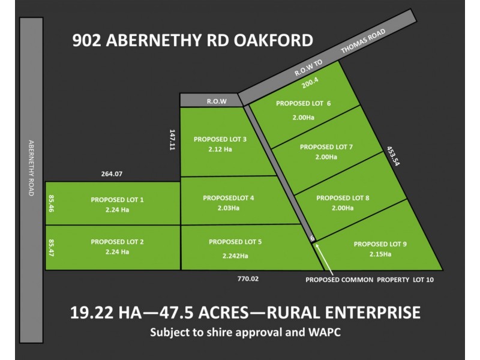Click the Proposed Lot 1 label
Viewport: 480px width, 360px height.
[117, 199]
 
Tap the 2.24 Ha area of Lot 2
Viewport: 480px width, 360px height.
[117, 252]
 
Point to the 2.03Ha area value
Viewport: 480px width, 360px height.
[228, 208]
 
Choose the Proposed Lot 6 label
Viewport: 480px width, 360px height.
[303, 103]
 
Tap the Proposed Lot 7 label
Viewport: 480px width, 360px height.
[326, 146]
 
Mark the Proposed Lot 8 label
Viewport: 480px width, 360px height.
[343, 197]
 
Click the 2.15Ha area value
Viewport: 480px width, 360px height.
[380, 254]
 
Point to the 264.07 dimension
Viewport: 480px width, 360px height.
[112, 175]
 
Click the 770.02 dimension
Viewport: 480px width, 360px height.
[249, 279]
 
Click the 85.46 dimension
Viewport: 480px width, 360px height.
[51, 204]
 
